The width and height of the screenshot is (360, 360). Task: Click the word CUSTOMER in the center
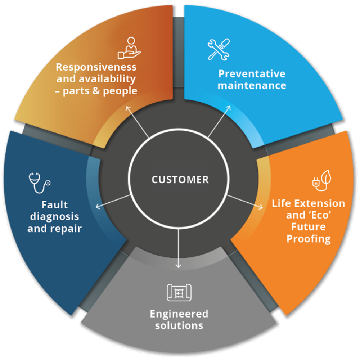click(x=180, y=180)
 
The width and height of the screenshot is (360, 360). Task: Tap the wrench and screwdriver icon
click(x=219, y=49)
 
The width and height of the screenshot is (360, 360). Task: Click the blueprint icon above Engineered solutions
click(x=179, y=292)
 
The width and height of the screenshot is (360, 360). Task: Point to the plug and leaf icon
click(x=321, y=180)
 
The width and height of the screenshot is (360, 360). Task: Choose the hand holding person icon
click(x=129, y=48)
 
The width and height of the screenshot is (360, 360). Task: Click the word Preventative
click(x=252, y=74)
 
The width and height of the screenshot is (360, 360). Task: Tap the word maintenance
click(x=252, y=85)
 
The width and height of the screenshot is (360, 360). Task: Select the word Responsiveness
click(x=96, y=67)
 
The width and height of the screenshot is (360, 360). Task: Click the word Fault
click(x=55, y=204)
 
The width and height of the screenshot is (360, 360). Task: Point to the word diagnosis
click(x=54, y=216)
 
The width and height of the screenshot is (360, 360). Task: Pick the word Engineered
click(x=179, y=314)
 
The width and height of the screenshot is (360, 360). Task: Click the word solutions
click(x=179, y=325)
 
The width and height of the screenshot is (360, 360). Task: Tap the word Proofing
click(x=309, y=239)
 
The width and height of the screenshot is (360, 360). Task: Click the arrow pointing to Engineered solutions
click(x=179, y=248)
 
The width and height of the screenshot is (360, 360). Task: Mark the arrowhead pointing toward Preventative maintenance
click(x=228, y=108)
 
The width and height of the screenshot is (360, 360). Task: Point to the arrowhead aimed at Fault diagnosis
click(x=98, y=206)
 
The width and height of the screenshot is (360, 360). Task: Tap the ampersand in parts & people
click(x=96, y=91)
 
